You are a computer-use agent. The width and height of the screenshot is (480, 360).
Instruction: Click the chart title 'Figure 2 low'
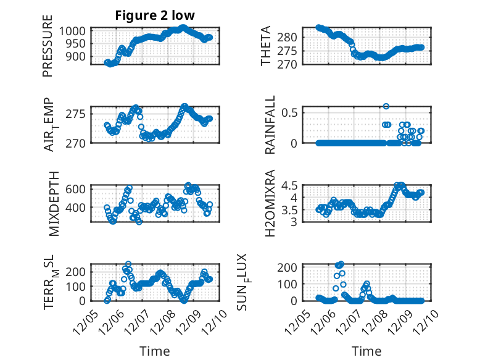(154, 16)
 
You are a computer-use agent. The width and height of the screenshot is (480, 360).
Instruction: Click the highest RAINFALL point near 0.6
(386, 106)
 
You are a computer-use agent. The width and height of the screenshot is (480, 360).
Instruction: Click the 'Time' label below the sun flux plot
(366, 351)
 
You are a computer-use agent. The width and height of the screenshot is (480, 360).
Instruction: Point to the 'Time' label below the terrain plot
(154, 351)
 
